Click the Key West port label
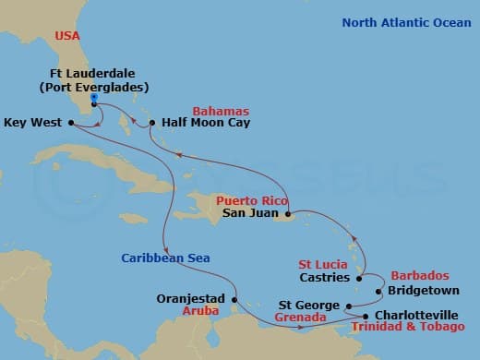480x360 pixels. pos(34,121)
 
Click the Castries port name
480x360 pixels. pos(325,277)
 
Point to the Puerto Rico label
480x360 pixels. pos(247,198)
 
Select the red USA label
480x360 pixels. pos(67,35)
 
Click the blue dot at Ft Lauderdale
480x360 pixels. pos(95,104)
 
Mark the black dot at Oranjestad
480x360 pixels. pos(235,299)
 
